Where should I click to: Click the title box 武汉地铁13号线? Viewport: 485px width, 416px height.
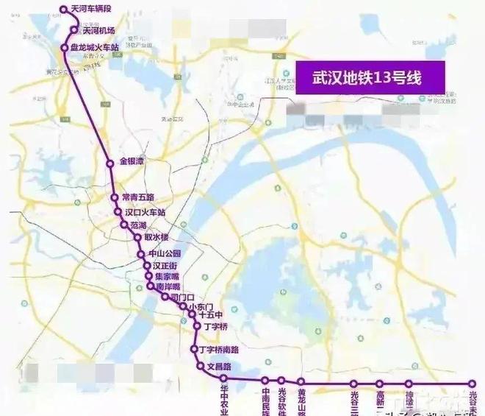tap(370, 77)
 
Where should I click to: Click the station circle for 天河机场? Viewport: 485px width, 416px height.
tap(75, 30)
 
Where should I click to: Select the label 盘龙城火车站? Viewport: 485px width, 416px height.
tap(100, 48)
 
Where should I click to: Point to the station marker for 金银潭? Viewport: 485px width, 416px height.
tap(110, 163)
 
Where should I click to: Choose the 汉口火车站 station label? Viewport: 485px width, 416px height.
tap(145, 213)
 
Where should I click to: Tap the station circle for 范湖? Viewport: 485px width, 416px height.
tap(124, 225)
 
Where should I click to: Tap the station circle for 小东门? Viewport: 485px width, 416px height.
tap(183, 306)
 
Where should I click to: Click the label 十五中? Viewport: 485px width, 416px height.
tap(210, 315)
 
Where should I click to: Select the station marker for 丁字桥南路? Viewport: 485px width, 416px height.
tap(194, 350)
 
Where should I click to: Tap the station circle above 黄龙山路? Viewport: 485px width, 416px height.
tap(302, 382)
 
